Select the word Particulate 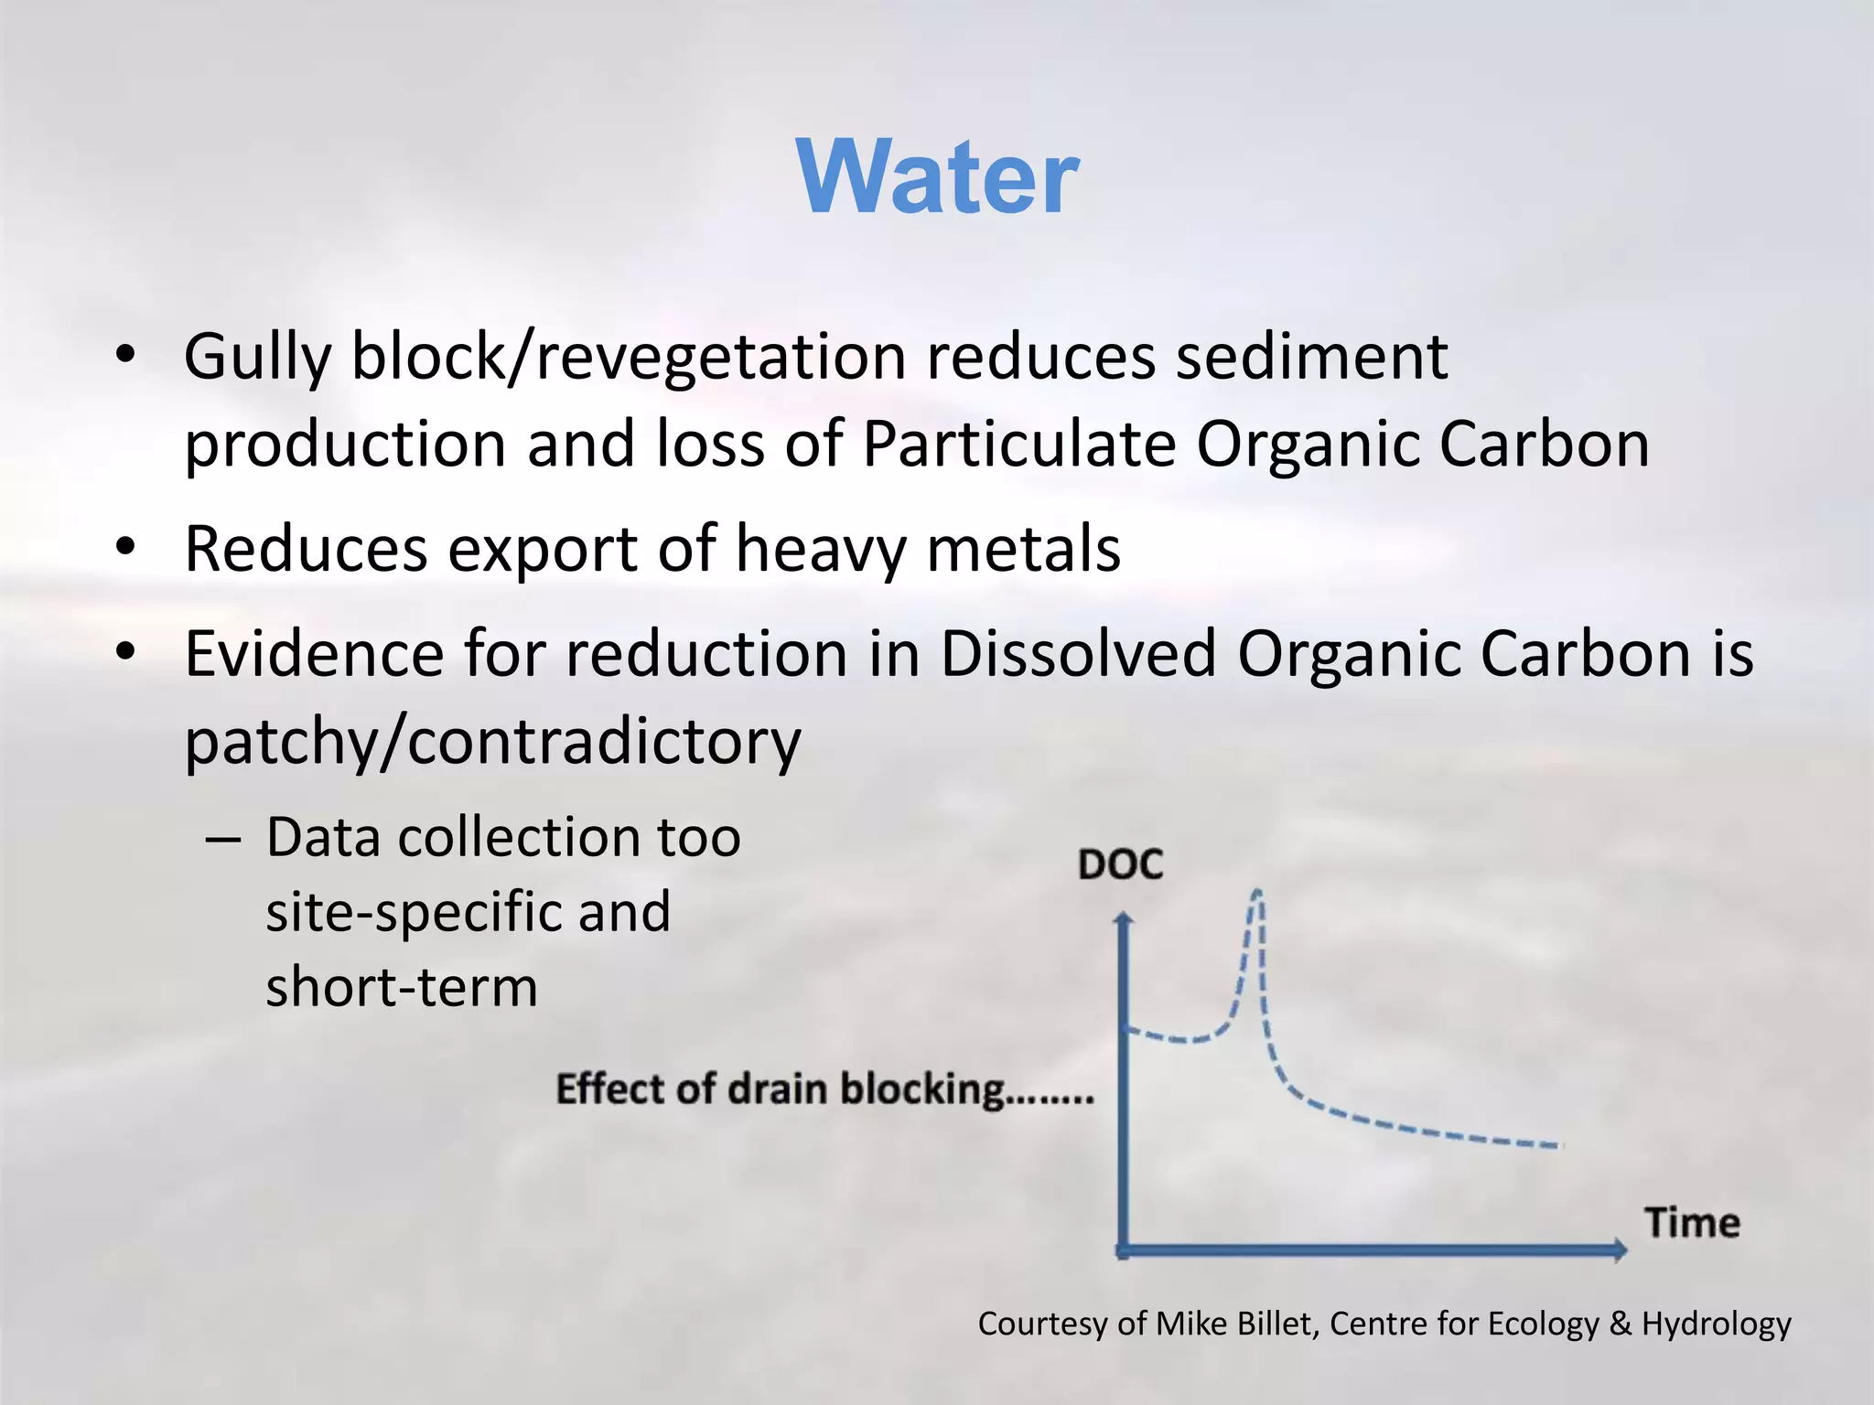1018,445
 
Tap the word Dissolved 1078,654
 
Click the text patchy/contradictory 492,741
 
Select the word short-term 402,987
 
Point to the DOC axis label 1120,864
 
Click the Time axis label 1692,1223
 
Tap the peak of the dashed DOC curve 1257,892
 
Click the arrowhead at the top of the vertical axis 1125,918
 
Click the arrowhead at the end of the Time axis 1620,1249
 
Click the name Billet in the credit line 1284,1324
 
